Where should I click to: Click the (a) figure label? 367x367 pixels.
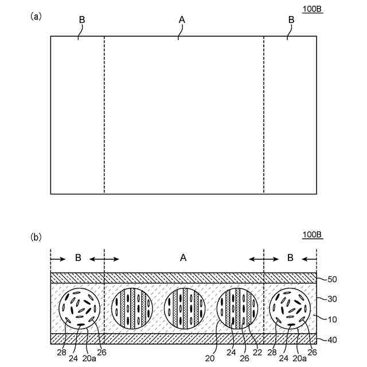(x=36, y=17)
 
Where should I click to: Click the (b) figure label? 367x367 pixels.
(x=36, y=236)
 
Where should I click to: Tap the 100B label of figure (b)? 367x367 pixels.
(x=313, y=234)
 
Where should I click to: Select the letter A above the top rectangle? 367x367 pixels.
(x=182, y=20)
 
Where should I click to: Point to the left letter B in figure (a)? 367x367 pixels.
(x=82, y=20)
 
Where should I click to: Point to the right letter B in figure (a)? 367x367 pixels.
(x=291, y=20)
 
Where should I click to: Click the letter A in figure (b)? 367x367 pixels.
(x=183, y=258)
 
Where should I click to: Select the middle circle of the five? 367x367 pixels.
(x=184, y=309)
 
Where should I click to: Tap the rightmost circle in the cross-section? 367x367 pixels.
(x=290, y=309)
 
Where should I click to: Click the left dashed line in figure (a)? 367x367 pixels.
(x=104, y=115)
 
